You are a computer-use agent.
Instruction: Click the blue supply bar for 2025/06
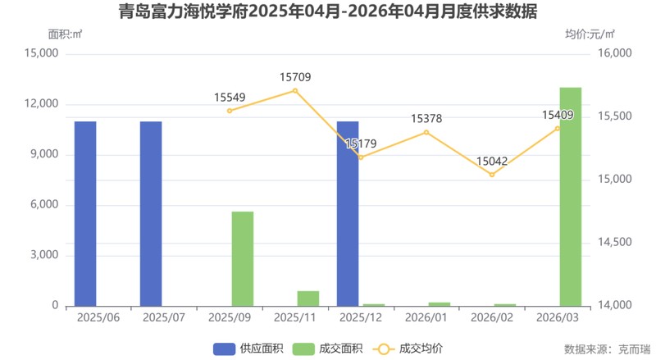coord(85,213)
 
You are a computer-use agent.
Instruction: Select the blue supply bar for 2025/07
coord(151,213)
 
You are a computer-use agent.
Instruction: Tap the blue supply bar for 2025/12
coord(348,213)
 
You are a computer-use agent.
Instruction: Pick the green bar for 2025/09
coord(243,258)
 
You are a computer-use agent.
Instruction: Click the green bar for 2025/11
coord(308,298)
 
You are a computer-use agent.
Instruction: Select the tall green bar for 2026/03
coord(571,197)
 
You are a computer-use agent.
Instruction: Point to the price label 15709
coord(295,77)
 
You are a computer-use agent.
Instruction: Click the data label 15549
coord(230,97)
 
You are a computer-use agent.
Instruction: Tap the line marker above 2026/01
coord(426,132)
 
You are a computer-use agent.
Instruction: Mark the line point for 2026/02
coord(492,175)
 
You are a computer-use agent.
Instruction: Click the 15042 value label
coord(492,162)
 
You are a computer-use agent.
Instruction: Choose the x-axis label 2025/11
coord(295,317)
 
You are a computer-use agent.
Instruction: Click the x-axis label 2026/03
coord(558,317)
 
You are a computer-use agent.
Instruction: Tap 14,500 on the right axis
coord(609,243)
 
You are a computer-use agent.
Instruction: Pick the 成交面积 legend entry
coord(327,349)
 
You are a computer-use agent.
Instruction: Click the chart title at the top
coord(328,12)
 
